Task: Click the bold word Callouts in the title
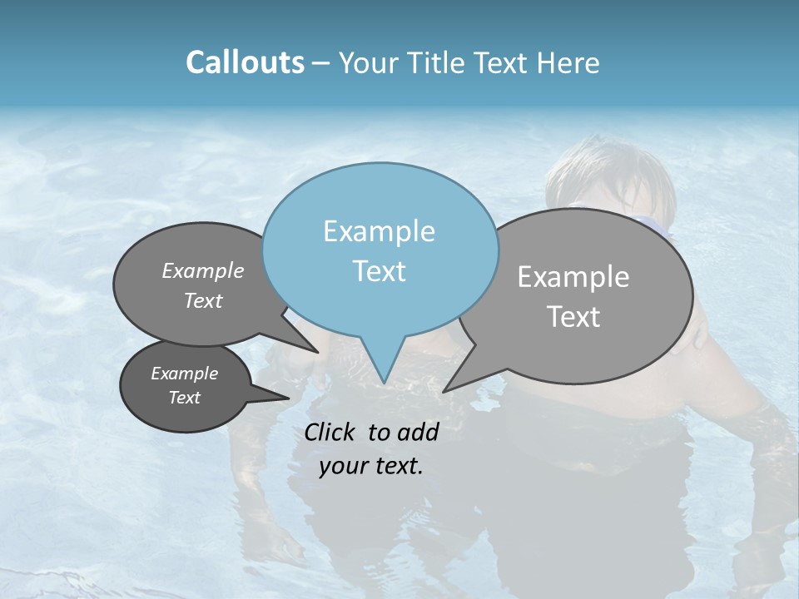[245, 62]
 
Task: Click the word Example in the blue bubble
[379, 231]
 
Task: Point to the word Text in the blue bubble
[379, 271]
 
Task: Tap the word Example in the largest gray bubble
[573, 277]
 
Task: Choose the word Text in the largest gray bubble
[573, 317]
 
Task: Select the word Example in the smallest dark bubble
[184, 374]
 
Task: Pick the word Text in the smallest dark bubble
[184, 398]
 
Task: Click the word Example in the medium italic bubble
[203, 270]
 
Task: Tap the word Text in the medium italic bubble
[203, 300]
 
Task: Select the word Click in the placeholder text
[330, 432]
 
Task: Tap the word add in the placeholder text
[418, 432]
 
